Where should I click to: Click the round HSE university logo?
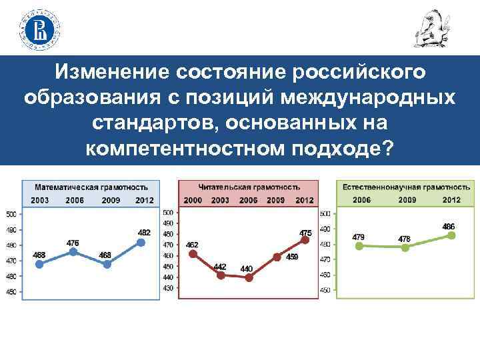pos(41,28)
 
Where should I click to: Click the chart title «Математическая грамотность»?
pos(91,187)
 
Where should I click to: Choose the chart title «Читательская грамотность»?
pos(249,187)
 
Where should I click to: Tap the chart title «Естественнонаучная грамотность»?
pos(406,187)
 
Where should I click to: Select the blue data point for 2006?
pos(73,252)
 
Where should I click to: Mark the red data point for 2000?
pos(193,253)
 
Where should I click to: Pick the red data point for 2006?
pos(249,277)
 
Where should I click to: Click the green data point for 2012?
pos(451,235)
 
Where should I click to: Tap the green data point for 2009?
pos(405,247)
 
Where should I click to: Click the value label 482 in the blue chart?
pos(144,232)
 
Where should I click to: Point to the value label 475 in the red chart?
pos(305,233)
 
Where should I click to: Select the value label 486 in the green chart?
pos(449,226)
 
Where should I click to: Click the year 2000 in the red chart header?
pos(193,200)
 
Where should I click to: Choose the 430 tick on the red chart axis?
pos(168,287)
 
